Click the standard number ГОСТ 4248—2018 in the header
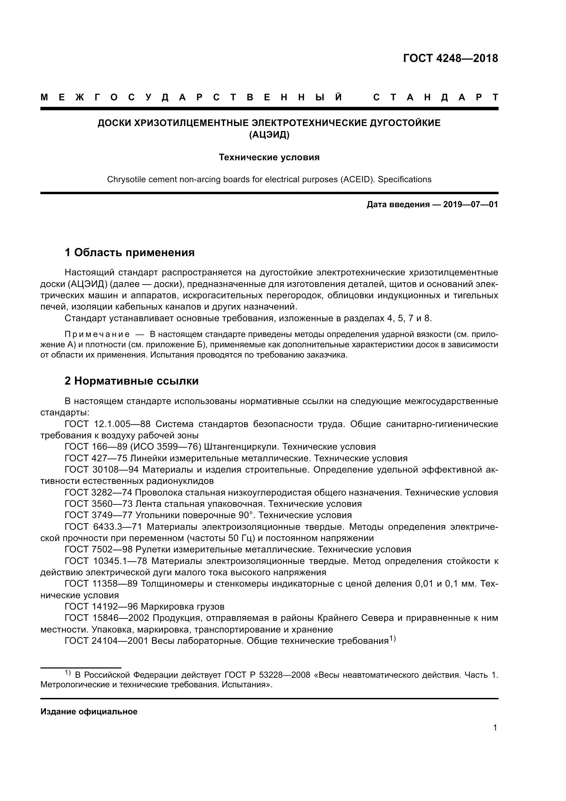pyautogui.click(x=450, y=58)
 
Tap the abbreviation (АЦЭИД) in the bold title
pyautogui.click(x=269, y=135)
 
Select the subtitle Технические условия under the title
pyautogui.click(x=269, y=157)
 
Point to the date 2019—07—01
pyautogui.click(x=471, y=204)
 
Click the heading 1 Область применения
pyautogui.click(x=130, y=252)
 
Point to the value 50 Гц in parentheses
pyautogui.click(x=238, y=538)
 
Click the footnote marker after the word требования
pyautogui.click(x=393, y=639)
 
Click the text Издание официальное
pyautogui.click(x=89, y=711)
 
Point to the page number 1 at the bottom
pyautogui.click(x=495, y=737)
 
